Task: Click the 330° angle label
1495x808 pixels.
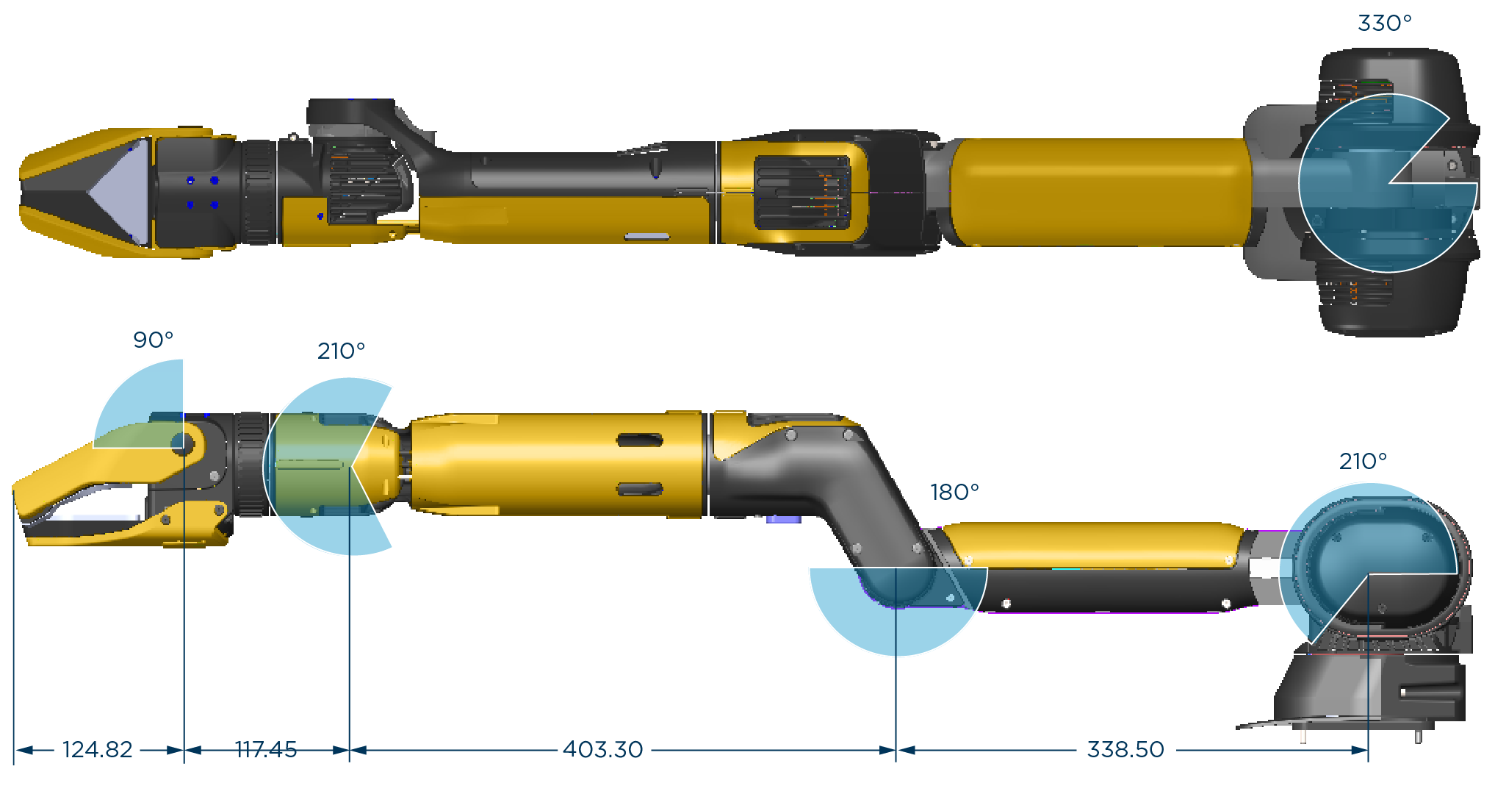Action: [1384, 24]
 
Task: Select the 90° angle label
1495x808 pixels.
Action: [153, 340]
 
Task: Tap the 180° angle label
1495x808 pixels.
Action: [954, 492]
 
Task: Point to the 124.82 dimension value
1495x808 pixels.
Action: [98, 749]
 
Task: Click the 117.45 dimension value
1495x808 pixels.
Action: [266, 749]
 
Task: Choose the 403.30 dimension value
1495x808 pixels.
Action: [603, 749]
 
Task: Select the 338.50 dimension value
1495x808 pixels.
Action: [1125, 749]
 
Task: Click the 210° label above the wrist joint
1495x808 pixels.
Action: [341, 351]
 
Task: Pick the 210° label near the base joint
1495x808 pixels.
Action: [1363, 461]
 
